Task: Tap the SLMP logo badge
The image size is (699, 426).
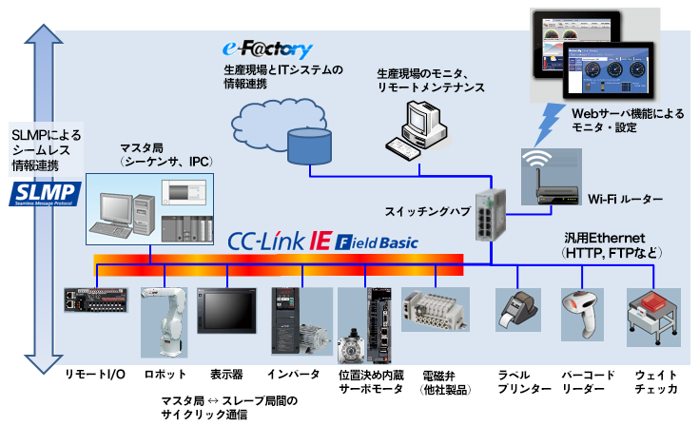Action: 43,195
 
